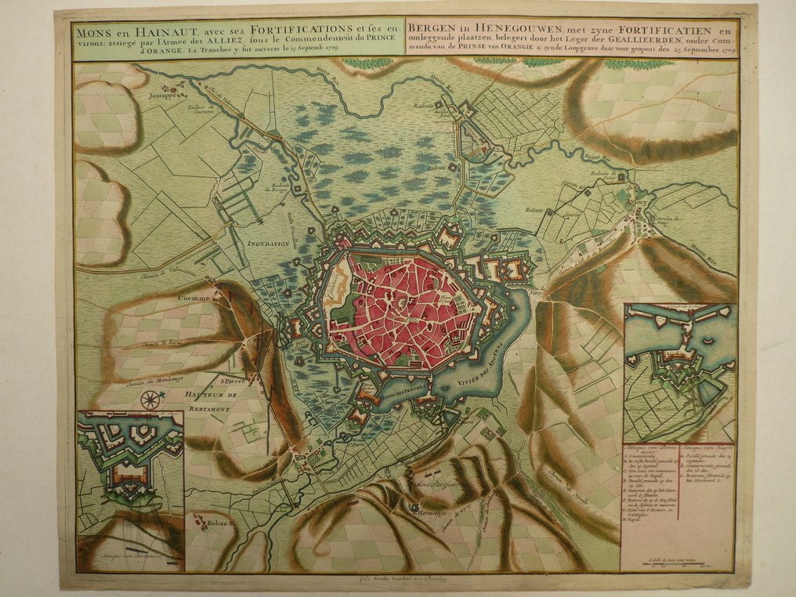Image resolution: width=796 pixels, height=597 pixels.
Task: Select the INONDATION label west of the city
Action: pyautogui.click(x=269, y=244)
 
